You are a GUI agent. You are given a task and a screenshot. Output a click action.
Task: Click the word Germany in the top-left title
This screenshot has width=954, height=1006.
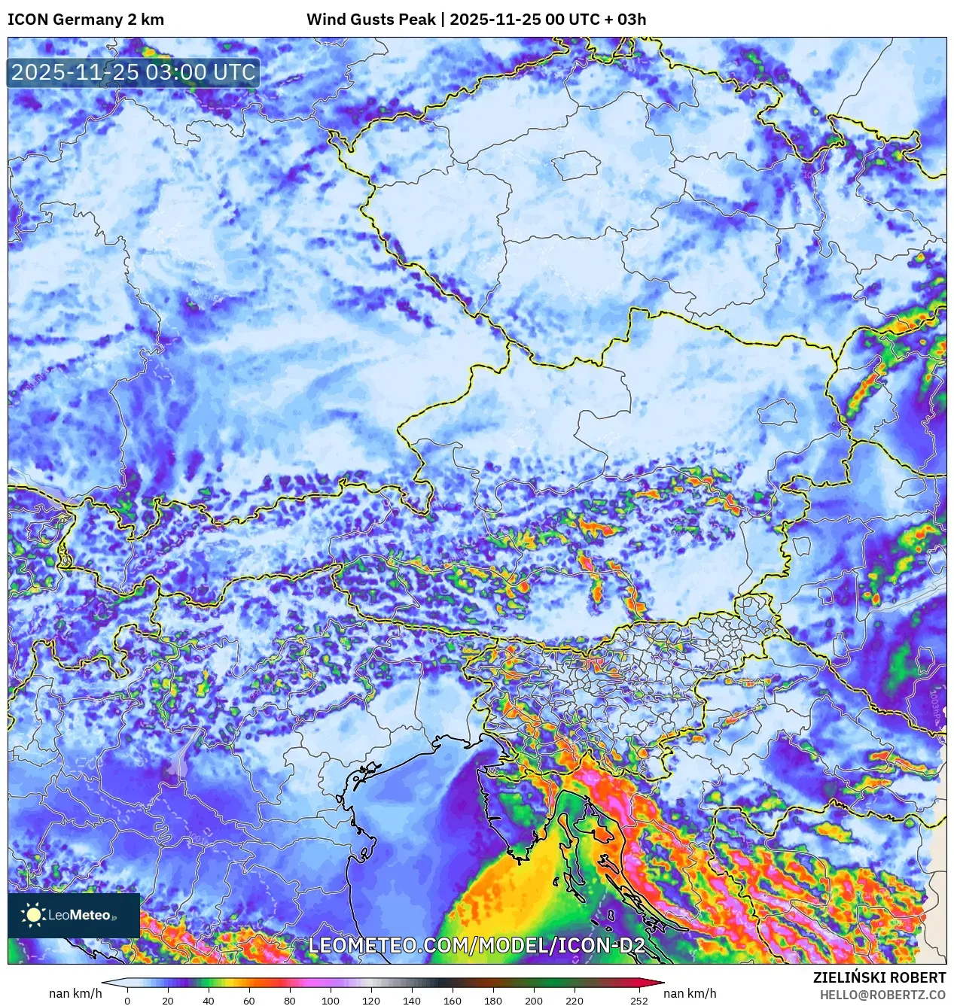click(86, 20)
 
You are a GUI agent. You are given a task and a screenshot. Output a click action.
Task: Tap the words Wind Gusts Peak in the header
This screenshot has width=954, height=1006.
click(370, 20)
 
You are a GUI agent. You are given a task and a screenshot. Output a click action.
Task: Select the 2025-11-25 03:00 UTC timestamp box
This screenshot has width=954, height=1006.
click(133, 73)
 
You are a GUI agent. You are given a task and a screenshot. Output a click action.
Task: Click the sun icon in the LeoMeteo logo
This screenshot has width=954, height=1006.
click(33, 915)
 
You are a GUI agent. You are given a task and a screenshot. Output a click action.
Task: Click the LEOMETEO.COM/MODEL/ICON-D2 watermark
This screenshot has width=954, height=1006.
click(477, 946)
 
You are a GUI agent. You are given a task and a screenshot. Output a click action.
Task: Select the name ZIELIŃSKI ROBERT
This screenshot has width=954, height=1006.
click(879, 977)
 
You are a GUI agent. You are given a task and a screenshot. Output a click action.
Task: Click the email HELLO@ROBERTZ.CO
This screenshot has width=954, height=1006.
click(882, 995)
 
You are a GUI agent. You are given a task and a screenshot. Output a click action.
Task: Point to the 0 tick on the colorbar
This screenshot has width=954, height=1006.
click(127, 1001)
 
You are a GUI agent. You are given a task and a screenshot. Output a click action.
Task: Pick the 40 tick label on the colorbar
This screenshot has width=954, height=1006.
click(209, 1001)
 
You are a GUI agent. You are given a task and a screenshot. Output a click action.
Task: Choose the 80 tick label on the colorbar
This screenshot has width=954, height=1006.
click(290, 1001)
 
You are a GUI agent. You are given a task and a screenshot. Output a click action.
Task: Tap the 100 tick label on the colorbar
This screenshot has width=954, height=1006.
click(331, 1001)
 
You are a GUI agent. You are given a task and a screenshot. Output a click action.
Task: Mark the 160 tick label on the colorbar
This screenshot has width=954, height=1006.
click(453, 1001)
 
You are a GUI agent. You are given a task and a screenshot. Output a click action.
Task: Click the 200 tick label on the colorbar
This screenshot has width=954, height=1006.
click(534, 1001)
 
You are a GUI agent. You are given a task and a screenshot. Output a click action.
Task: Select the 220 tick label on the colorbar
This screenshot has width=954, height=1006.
click(575, 1001)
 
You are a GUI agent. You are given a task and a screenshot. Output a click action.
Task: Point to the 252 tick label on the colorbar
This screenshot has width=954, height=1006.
click(639, 1001)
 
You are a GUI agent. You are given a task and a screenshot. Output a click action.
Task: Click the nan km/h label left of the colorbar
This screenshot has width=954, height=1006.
click(75, 993)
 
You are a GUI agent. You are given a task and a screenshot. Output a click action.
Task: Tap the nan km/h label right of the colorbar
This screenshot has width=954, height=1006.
click(690, 993)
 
